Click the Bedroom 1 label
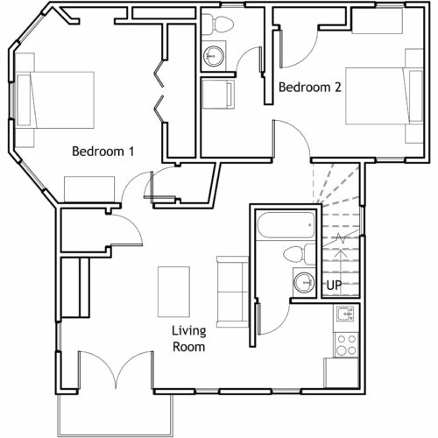pos(103,152)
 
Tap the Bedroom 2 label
pos(310,87)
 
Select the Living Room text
pos(189,339)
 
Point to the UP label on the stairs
pos(334,286)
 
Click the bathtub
pos(286,225)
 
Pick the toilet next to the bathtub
pos(299,254)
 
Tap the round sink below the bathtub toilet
pos(304,283)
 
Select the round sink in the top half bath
pos(214,56)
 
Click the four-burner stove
pos(346,345)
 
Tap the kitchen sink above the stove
pos(345,314)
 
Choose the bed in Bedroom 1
pos(55,100)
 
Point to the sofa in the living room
pos(232,292)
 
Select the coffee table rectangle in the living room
pos(173,292)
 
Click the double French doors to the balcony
pos(116,371)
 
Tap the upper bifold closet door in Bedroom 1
pos(159,74)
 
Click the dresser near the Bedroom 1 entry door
pos(89,189)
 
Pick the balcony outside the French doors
pos(116,414)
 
